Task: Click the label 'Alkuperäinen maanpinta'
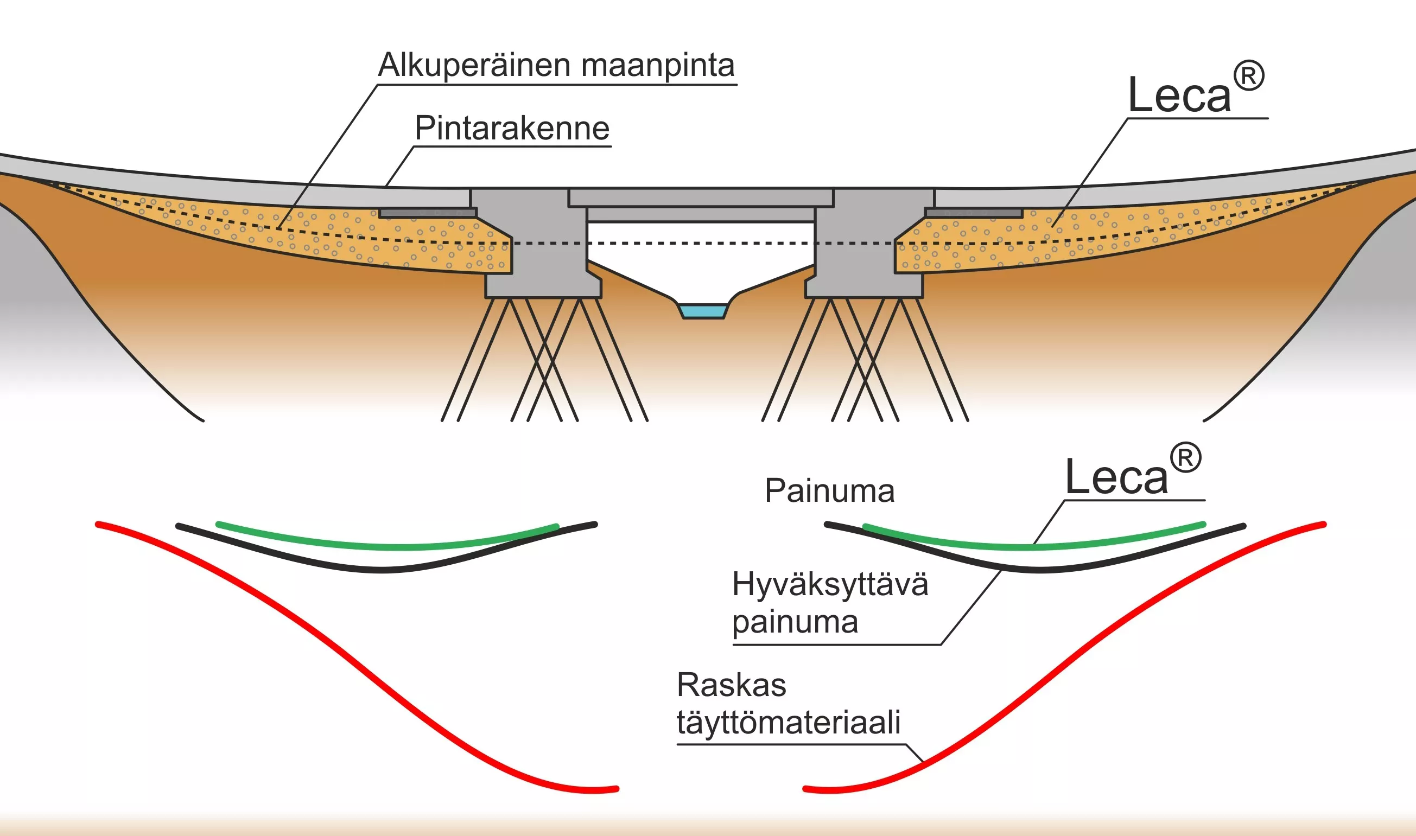[x=556, y=65]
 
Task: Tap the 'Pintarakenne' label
[x=512, y=128]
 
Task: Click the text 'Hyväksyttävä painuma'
[x=830, y=603]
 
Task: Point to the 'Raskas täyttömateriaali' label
[x=788, y=704]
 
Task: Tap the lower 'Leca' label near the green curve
[x=1133, y=470]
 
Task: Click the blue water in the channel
[x=703, y=311]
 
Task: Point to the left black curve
[x=386, y=570]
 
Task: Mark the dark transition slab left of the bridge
[x=428, y=212]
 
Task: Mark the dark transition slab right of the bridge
[x=974, y=212]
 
